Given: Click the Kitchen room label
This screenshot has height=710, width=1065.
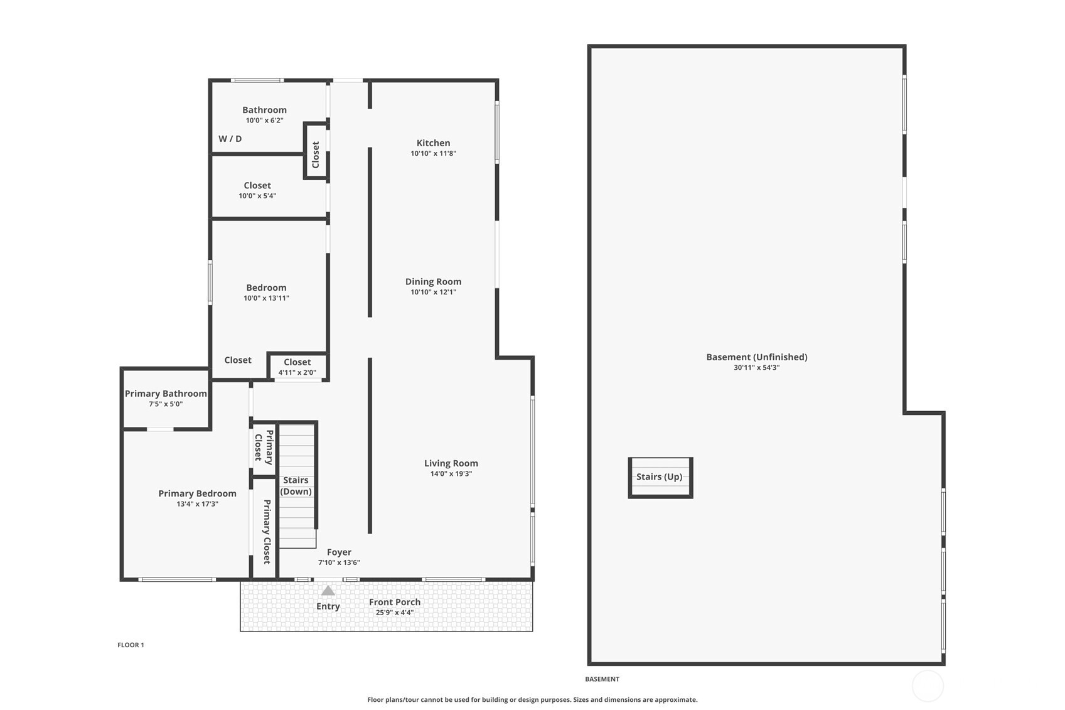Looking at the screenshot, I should coord(433,143).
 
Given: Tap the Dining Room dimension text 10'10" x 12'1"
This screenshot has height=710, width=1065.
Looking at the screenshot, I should coord(433,292).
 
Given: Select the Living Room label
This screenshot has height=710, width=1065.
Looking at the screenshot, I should coord(451,463).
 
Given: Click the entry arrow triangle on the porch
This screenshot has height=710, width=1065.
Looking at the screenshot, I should coord(328,591).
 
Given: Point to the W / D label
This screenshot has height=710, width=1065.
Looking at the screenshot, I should coord(230,139).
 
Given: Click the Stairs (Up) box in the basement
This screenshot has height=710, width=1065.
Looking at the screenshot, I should coord(660,477).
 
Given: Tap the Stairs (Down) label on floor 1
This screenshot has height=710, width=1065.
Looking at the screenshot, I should coord(296,486).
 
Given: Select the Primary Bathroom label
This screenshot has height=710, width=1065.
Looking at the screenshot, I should coord(166,394).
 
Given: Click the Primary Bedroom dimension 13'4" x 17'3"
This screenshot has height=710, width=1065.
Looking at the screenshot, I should coord(197,504).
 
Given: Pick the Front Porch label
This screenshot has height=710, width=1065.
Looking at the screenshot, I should coord(395,602).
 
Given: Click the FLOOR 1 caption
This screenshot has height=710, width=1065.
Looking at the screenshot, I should coord(131,645).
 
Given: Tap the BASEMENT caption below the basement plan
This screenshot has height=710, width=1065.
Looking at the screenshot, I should coord(602,679).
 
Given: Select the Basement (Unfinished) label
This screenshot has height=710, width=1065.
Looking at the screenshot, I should coord(756,357).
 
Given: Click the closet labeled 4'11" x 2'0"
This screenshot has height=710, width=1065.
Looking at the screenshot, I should coord(297,367).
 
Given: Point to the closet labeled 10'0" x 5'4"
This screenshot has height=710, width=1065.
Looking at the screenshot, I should coord(257,190).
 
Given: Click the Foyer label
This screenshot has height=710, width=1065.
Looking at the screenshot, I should coord(339,552).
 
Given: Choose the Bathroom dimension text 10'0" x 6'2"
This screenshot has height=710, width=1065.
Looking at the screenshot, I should coord(264,121).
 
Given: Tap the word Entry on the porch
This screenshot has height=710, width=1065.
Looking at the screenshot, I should coord(328,606).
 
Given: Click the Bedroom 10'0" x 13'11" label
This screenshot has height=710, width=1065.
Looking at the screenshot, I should coord(266,288).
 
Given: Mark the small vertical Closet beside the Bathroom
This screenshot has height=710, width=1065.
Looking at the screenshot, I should coord(316,154).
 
